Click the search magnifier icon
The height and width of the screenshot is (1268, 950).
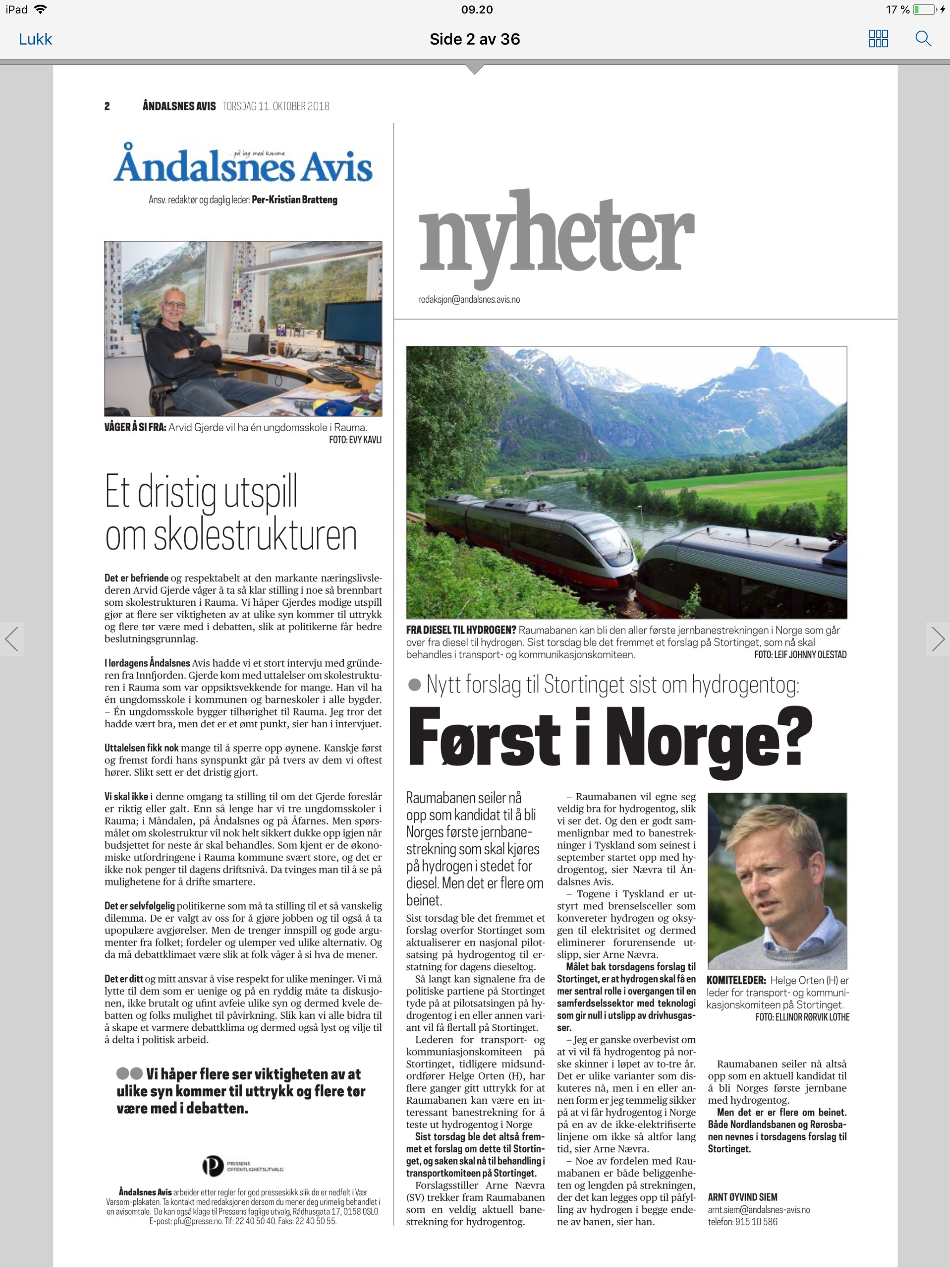923,39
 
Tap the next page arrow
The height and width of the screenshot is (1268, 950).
937,639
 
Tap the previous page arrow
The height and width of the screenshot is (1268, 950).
12,639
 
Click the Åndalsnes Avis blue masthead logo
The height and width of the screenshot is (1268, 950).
244,167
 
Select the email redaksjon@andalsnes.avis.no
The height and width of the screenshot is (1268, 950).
469,299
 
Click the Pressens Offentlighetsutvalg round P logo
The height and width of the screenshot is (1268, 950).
212,1165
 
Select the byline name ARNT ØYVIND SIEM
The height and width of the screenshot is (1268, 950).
742,1197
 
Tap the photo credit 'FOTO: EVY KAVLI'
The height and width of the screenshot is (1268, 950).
355,440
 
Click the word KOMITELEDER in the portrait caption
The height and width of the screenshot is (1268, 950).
735,980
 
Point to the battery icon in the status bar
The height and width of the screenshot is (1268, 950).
924,9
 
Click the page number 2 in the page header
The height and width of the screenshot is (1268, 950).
107,106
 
